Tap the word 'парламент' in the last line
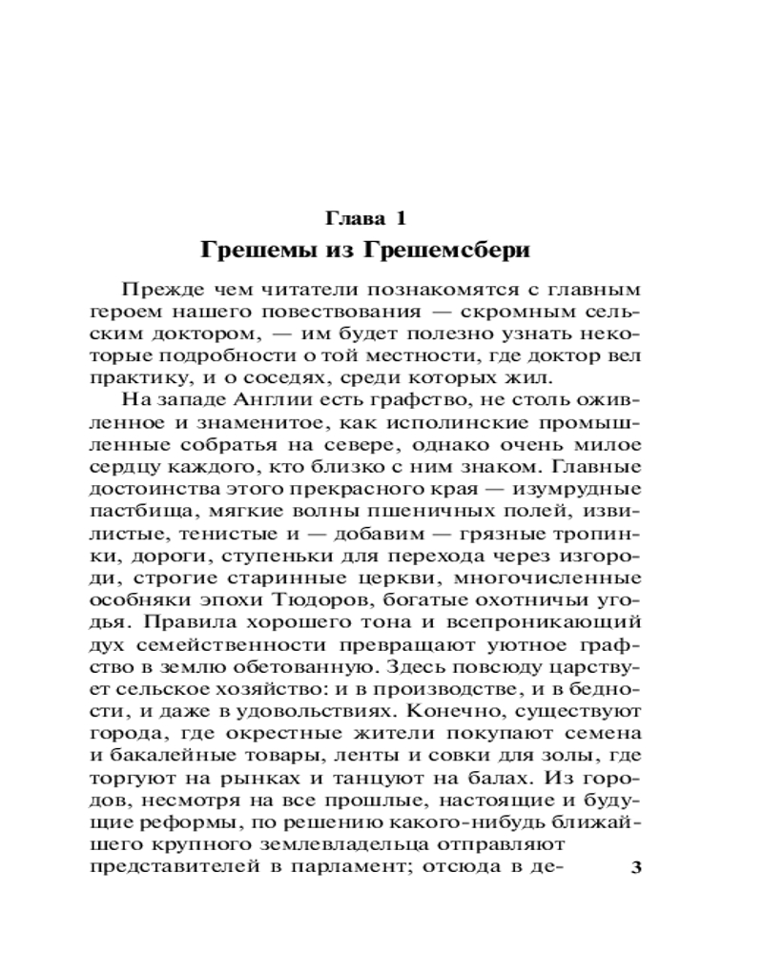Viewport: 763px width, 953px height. pos(444,868)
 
